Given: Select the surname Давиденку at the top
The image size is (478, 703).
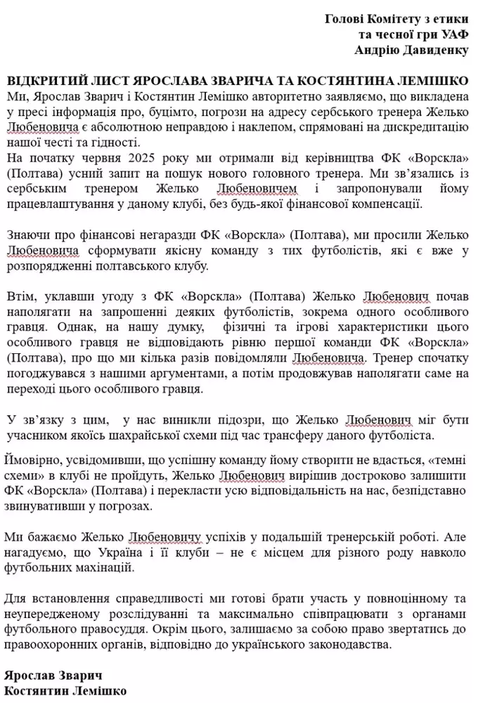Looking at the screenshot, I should (438, 50).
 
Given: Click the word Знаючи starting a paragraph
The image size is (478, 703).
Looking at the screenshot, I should (25, 235).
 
